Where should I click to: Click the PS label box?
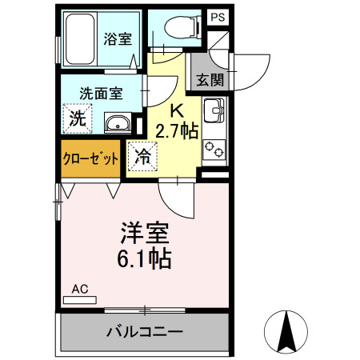(218, 18)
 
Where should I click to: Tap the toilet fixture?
(182, 26)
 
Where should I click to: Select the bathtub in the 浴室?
(80, 39)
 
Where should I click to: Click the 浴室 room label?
(118, 39)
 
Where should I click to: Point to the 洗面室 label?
(101, 94)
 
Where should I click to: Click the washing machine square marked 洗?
(78, 118)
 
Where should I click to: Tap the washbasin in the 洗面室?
(118, 123)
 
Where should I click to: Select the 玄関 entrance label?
(210, 79)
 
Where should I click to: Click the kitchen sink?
(214, 110)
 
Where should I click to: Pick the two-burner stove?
(214, 149)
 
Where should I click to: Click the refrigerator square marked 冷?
(142, 156)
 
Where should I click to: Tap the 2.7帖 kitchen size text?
(177, 131)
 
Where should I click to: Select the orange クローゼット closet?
(90, 158)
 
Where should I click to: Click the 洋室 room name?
(145, 233)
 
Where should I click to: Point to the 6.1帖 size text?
(144, 258)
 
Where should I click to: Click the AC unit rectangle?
(80, 300)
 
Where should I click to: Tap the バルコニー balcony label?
(145, 332)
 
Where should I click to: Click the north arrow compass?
(286, 332)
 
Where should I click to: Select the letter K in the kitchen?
(178, 111)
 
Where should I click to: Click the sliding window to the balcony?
(145, 310)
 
